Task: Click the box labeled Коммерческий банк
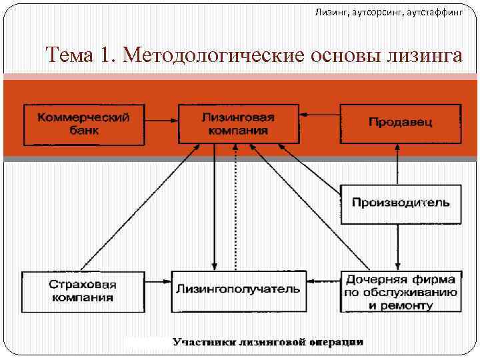pyautogui.click(x=84, y=124)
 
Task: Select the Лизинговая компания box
pyautogui.click(x=238, y=124)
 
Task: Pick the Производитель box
pyautogui.click(x=401, y=203)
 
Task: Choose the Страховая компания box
pyautogui.click(x=82, y=291)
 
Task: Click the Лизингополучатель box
pyautogui.click(x=238, y=290)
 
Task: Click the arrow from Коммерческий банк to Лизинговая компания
pyautogui.click(x=162, y=122)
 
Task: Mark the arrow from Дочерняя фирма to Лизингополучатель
pyautogui.click(x=323, y=281)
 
